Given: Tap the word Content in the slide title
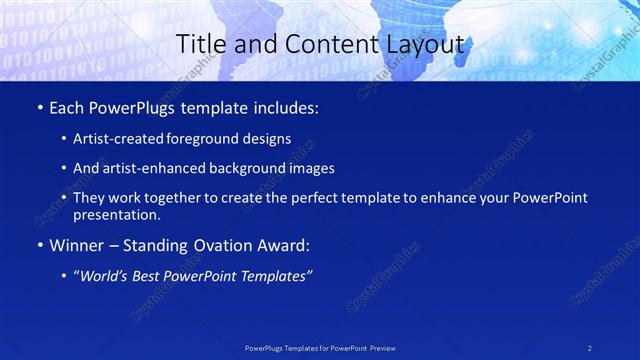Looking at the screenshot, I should tap(309, 45).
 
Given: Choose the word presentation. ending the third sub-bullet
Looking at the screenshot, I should tap(116, 214).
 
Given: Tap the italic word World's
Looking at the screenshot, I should tap(103, 276).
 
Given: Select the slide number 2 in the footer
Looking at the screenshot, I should tap(590, 347).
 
